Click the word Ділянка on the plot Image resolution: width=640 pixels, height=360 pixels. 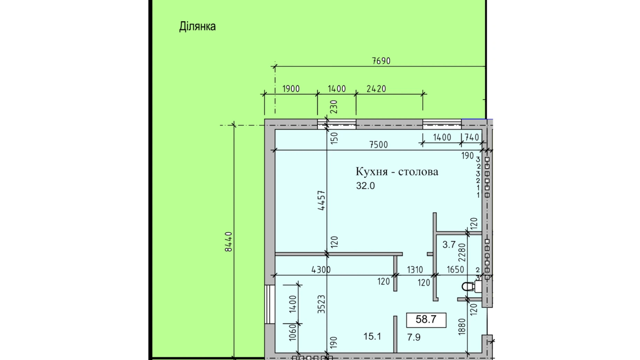point(197,27)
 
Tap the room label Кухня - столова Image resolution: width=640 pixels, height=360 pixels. point(397,172)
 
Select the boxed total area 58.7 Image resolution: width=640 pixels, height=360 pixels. point(426,319)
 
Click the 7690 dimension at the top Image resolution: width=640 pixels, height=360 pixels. point(381,61)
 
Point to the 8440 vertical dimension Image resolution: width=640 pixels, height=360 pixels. point(228,242)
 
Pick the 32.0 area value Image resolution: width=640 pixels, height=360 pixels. point(366,186)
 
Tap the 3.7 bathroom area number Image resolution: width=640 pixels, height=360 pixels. point(449,245)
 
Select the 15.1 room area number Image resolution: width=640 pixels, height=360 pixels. point(372,336)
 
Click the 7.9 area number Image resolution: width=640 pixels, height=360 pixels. point(414,337)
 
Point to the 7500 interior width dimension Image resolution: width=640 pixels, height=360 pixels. point(378,145)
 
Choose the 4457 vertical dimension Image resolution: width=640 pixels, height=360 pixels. point(322,200)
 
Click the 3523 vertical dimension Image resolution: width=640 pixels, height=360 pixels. point(322,304)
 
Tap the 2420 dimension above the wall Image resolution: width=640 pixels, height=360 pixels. point(376,89)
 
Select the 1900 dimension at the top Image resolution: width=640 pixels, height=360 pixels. point(291,89)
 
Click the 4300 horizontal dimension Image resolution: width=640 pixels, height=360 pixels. point(321,270)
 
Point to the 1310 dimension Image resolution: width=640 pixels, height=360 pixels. point(415,269)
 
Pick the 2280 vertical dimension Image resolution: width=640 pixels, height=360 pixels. point(462,253)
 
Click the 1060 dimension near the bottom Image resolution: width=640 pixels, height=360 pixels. point(293,332)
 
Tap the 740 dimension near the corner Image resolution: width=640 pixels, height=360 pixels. point(472,137)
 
